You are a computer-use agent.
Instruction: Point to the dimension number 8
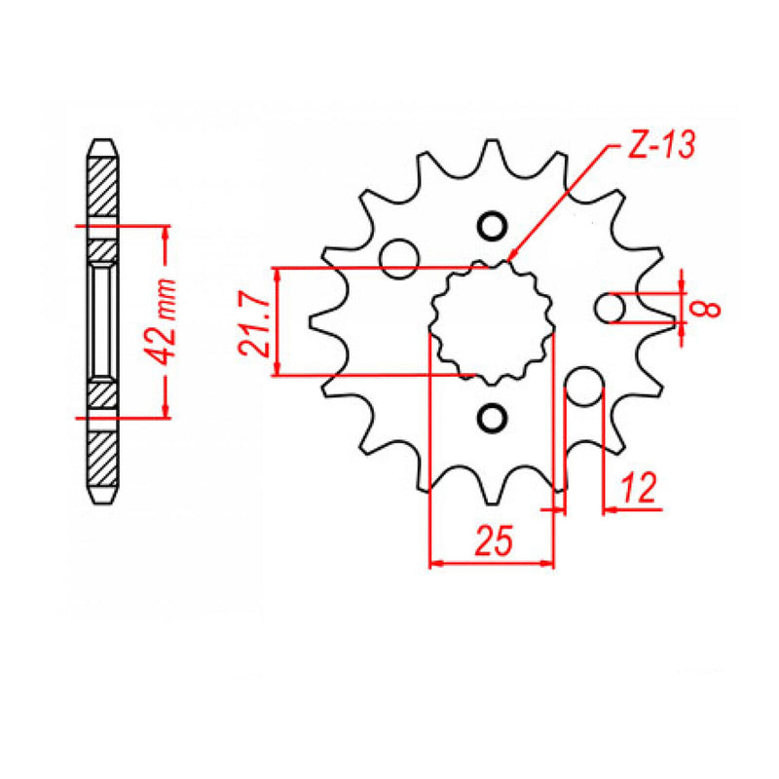(x=708, y=308)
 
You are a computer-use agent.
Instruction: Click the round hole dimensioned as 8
(x=611, y=309)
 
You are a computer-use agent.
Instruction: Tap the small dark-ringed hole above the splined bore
(x=492, y=226)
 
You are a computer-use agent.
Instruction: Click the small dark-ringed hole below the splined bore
(x=492, y=419)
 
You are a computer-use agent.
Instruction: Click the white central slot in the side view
(x=102, y=320)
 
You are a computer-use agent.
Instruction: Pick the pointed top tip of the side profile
(x=102, y=140)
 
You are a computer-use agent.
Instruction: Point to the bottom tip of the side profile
(x=102, y=501)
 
